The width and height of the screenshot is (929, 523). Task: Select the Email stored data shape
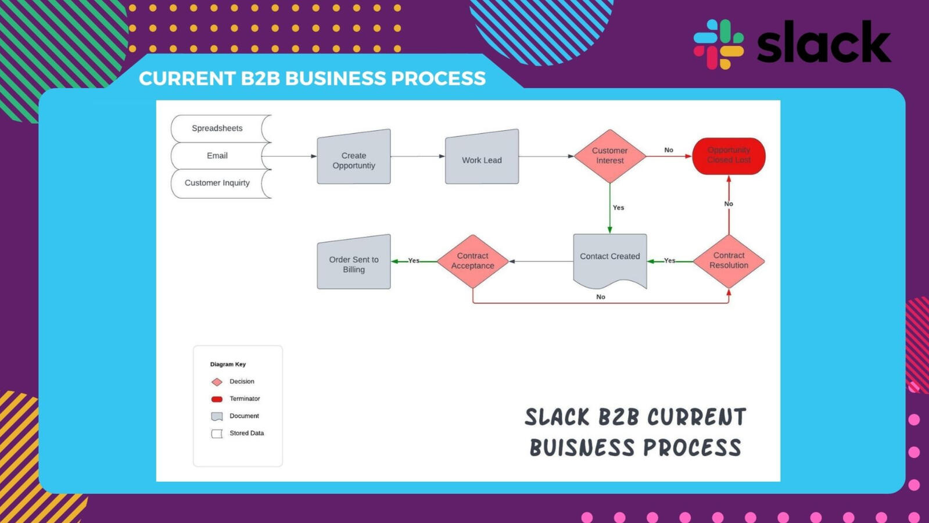coord(218,156)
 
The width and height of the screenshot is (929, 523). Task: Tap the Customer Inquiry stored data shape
coord(218,183)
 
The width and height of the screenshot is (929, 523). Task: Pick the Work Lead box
coord(482,158)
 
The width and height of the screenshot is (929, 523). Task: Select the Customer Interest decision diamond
coord(610,156)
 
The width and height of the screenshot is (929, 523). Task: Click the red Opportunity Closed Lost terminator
coord(729,156)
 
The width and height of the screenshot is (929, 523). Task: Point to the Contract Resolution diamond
coord(729,261)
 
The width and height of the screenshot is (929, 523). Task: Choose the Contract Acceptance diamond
coord(473,261)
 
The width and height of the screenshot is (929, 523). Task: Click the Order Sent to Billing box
coord(354,263)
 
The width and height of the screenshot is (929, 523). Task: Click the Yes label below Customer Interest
coord(618,207)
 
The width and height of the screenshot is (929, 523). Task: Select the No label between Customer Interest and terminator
coord(669,150)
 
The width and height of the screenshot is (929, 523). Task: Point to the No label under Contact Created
coord(601,297)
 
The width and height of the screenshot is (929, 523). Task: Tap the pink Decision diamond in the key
coord(217,382)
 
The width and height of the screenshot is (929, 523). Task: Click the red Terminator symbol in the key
coord(217,399)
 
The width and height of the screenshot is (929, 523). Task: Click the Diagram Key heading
coord(228,364)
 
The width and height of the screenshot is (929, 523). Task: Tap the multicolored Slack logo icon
coord(718,44)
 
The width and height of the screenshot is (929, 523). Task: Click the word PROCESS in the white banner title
coord(438,78)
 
